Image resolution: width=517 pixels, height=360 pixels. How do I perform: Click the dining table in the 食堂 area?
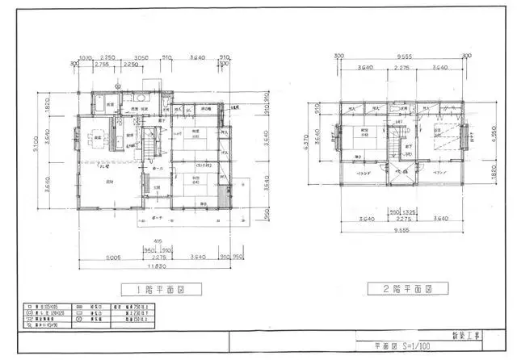[98, 136]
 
